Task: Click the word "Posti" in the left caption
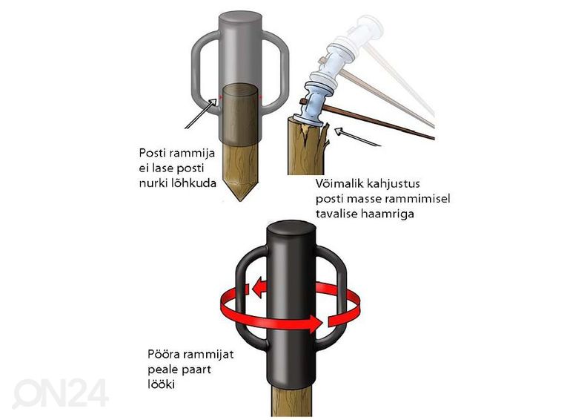[152, 153]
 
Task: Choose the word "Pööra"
[163, 354]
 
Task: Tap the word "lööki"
[162, 385]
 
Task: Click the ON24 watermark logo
[61, 393]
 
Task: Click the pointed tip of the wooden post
[240, 200]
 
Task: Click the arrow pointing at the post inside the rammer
[201, 113]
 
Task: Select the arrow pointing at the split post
[358, 137]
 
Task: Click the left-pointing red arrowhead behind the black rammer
[259, 289]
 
